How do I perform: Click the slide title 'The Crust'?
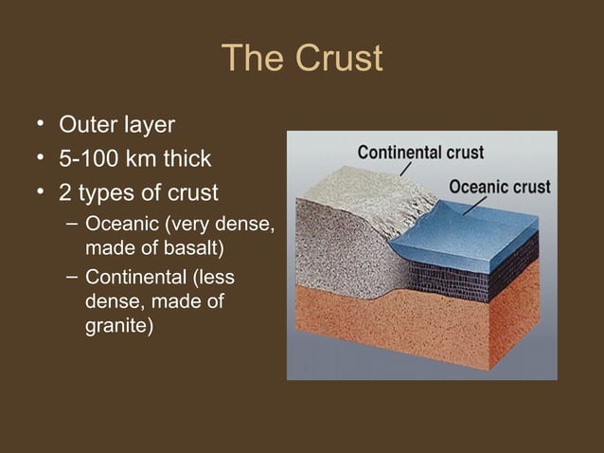tap(302, 59)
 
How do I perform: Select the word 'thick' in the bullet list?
tap(187, 159)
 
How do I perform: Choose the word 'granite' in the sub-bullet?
tap(117, 327)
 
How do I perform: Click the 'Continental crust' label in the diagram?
tap(421, 152)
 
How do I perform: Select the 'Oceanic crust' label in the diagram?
tap(499, 186)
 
